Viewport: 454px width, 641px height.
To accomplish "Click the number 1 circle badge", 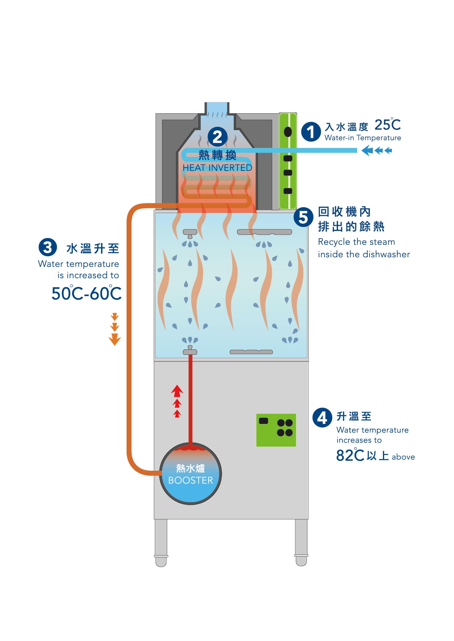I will coord(311,132).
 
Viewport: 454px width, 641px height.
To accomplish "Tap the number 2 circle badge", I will coord(217,137).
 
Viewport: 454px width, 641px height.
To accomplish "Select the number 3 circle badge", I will coord(48,247).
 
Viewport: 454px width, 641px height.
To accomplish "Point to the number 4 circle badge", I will coord(322,417).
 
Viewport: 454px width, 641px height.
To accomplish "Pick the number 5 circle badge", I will coord(303,217).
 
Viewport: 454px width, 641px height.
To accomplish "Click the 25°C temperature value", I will coord(387,125).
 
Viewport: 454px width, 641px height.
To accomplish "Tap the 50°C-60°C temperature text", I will coord(86,293).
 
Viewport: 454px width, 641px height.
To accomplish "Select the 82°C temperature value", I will coord(350,455).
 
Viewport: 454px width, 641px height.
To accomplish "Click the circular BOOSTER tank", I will coord(190,474).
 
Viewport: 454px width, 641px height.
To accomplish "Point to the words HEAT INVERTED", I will coord(217,168).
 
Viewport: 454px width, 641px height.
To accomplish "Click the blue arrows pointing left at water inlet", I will coord(376,150).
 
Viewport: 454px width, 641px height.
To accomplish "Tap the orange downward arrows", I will coord(115,329).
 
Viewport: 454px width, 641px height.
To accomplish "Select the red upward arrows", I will coord(177,401).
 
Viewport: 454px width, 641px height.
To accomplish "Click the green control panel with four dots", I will coord(276,430).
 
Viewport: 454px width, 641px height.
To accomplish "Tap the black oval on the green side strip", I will coord(288,132).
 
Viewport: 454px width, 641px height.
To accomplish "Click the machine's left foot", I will coord(161,543).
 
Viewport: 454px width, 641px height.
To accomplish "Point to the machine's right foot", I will coord(301,543).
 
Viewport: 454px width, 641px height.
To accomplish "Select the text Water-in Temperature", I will coord(363,138).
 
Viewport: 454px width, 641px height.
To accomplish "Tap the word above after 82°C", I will coord(403,457).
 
